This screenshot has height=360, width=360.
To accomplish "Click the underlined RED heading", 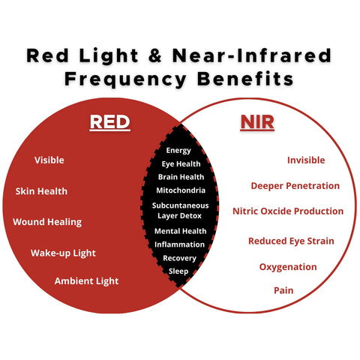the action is coord(110,122).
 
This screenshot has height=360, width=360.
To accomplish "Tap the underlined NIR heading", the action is coord(257,122).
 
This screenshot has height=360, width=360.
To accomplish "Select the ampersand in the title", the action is coord(155,55).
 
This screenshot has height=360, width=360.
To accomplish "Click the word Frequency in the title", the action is coord(125,79).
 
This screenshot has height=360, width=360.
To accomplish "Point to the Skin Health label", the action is coord(41,191).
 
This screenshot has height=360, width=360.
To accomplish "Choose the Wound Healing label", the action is coord(47,222).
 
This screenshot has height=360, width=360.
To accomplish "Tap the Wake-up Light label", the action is coord(63,253).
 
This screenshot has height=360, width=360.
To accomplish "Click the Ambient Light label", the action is coord(86,281).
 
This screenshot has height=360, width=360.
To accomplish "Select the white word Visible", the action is coord(49,160).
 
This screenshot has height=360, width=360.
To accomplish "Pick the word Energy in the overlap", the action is coord(178,151).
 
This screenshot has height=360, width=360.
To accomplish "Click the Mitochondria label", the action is coord(181,190).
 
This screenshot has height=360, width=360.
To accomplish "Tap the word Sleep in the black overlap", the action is coord(178,271).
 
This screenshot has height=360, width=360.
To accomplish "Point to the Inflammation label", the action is coord(179,244).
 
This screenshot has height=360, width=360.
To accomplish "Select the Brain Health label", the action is coord(181,177).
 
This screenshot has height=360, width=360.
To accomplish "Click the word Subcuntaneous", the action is coord(180,205).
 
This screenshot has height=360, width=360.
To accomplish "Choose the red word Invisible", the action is coord(306,160).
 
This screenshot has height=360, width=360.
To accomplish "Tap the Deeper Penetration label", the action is coord(295,186).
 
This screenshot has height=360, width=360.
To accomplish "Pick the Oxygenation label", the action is coord(288,267).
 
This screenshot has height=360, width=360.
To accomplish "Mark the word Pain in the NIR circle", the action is coord(283,290).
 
